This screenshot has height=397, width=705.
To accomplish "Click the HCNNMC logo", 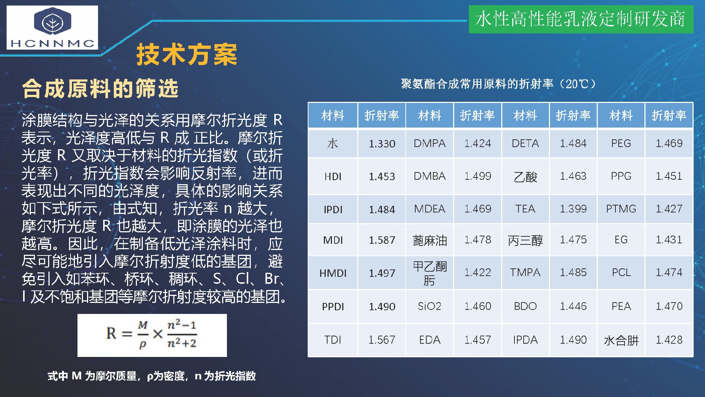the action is pyautogui.click(x=52, y=28).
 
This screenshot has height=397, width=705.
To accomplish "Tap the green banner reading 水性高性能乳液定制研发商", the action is pyautogui.click(x=581, y=19).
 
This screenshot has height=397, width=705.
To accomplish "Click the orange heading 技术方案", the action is pyautogui.click(x=187, y=55).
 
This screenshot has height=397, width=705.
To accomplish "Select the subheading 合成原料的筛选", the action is pyautogui.click(x=100, y=89).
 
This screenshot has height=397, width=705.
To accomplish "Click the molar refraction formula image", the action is pyautogui.click(x=152, y=335).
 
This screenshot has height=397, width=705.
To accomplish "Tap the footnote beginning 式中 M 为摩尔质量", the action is pyautogui.click(x=152, y=376).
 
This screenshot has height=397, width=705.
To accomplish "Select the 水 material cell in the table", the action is pyautogui.click(x=333, y=143).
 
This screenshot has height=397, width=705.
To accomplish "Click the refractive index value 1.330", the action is pyautogui.click(x=382, y=143).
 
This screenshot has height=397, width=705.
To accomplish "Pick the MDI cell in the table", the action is pyautogui.click(x=333, y=240).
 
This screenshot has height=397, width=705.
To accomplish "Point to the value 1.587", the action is pyautogui.click(x=382, y=240).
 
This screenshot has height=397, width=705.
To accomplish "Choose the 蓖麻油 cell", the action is pyautogui.click(x=430, y=240).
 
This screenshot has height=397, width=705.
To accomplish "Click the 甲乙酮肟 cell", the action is pyautogui.click(x=430, y=273).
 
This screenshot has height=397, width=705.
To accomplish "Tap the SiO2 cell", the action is pyautogui.click(x=430, y=306).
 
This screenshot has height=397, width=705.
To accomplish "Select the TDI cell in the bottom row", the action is pyautogui.click(x=333, y=340).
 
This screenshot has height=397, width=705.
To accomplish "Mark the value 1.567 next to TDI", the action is pyautogui.click(x=382, y=340).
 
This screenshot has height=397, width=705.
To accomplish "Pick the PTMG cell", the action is pyautogui.click(x=621, y=209).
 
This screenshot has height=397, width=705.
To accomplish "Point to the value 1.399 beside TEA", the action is pyautogui.click(x=573, y=209).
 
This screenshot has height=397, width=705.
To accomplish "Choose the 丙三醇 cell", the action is pyautogui.click(x=525, y=240).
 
